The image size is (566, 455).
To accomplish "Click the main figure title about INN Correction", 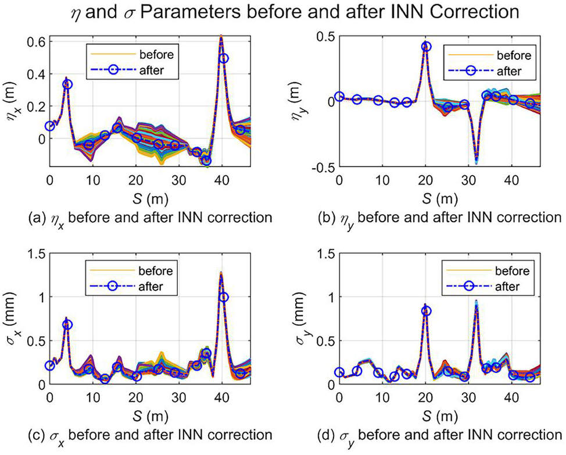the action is (x=295, y=12).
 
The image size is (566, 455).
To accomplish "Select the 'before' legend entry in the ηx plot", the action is (x=132, y=54).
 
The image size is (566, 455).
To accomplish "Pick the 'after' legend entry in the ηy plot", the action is (x=490, y=71).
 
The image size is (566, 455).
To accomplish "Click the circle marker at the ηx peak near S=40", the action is (x=224, y=58).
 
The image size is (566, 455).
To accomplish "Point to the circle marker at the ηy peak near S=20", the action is (x=427, y=47).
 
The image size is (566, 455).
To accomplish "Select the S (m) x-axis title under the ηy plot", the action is (x=439, y=198).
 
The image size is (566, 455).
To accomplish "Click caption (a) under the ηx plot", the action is (x=150, y=218).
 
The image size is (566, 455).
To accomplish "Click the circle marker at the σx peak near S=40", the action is (x=224, y=297).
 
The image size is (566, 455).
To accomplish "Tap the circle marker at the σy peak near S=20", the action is (x=427, y=311).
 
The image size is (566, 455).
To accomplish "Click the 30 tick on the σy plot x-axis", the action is (x=469, y=397).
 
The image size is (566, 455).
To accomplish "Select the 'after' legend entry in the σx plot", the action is (x=131, y=286).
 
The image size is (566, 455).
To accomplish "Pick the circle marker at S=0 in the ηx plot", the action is (x=50, y=126).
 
